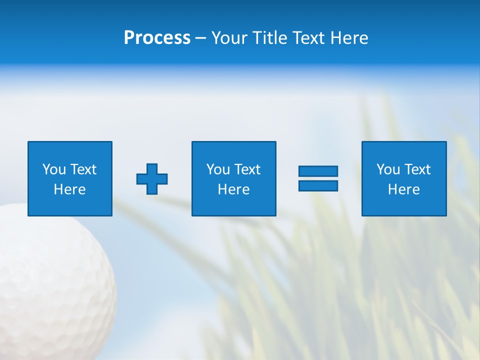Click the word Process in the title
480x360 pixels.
pyautogui.click(x=157, y=38)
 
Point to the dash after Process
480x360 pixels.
pyautogui.click(x=200, y=38)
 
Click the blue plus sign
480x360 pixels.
pyautogui.click(x=152, y=179)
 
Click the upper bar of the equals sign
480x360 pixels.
pyautogui.click(x=318, y=171)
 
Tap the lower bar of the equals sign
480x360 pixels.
pyautogui.click(x=318, y=185)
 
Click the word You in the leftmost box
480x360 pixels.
pyautogui.click(x=54, y=169)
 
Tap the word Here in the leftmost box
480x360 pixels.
pyautogui.click(x=69, y=189)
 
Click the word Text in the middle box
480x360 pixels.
pyautogui.click(x=247, y=169)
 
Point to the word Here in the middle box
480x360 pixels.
pyautogui.click(x=233, y=189)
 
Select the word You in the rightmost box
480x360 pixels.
pyautogui.click(x=388, y=169)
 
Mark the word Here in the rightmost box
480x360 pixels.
pyautogui.click(x=403, y=189)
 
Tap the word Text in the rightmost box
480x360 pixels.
pyautogui.click(x=417, y=169)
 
